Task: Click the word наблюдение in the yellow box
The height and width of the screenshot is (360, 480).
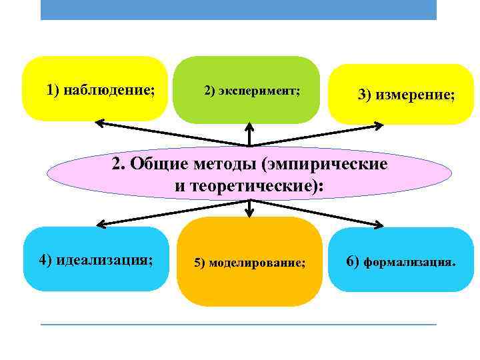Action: coord(109,89)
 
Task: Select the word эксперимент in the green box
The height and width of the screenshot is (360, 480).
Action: coord(262,90)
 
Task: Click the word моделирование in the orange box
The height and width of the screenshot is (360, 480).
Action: coord(258,263)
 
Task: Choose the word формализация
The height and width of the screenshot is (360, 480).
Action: coord(410,261)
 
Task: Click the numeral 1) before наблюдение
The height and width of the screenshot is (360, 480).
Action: coord(53,89)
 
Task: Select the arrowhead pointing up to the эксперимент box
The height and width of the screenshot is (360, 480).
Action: coord(249,125)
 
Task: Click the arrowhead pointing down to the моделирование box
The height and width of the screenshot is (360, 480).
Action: coord(249,213)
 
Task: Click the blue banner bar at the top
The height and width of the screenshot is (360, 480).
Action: coord(238,9)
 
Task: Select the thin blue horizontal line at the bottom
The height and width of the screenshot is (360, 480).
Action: coord(238,324)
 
